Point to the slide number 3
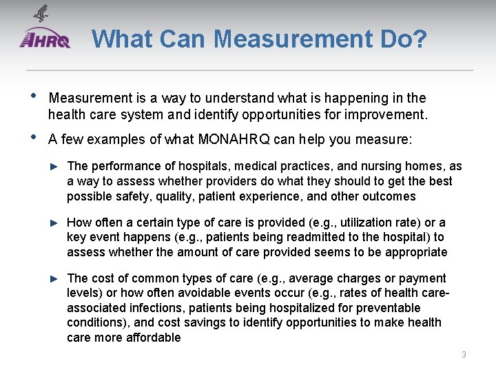click(464, 355)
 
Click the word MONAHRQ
click(234, 140)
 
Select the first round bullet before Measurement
click(31, 96)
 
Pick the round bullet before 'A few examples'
click(31, 138)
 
